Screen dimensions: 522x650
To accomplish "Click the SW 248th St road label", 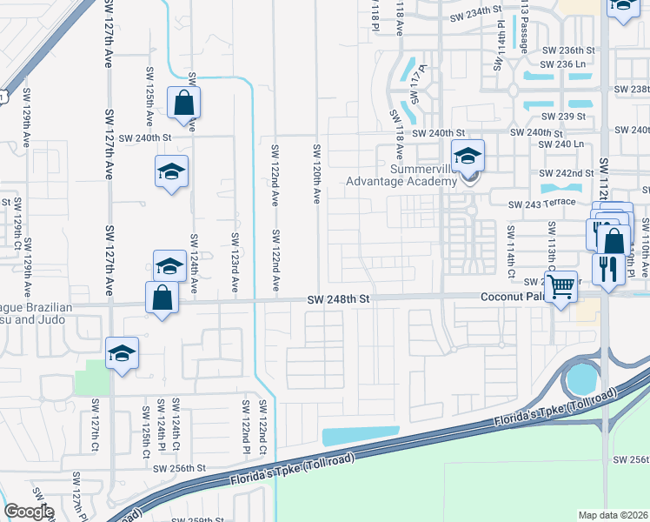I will click(339, 298).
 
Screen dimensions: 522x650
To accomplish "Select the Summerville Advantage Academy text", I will click(401, 175).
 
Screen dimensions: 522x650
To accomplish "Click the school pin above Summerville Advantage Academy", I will click(468, 157).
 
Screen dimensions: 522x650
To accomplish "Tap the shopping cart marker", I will click(562, 284).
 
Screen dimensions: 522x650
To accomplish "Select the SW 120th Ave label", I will click(317, 175).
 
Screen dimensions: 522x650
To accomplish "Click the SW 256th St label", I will click(180, 467).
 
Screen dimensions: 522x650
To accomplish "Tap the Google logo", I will click(28, 512).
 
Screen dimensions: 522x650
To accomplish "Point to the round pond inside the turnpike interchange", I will click(581, 378).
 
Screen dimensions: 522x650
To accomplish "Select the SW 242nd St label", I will click(566, 173).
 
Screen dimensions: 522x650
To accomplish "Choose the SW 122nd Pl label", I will click(247, 427).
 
